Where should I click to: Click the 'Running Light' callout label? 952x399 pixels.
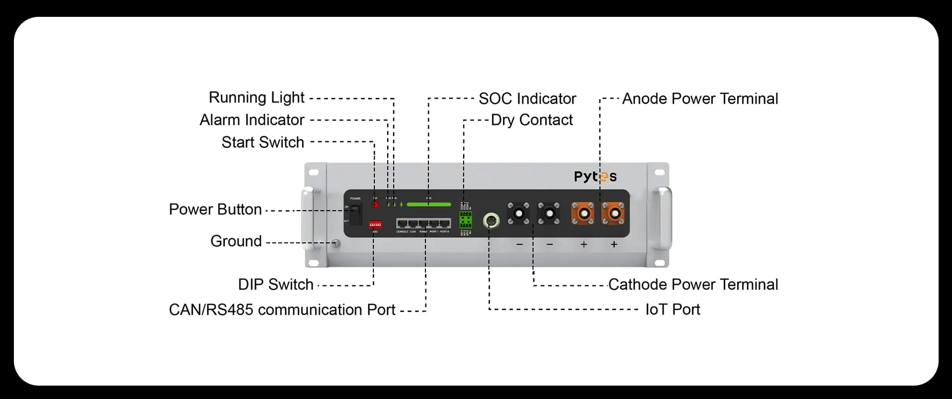coord(256,98)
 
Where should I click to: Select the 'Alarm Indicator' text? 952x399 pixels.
coord(252,120)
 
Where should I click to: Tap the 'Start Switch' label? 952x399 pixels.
coord(263,142)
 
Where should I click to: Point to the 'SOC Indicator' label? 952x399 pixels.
coord(527,99)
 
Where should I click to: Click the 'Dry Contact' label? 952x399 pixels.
coord(532,120)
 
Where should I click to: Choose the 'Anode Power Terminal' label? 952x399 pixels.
coord(700,99)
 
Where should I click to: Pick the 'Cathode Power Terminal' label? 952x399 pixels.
coord(693,285)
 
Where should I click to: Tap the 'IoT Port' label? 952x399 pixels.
coord(672,309)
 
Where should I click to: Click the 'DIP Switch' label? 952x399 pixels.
coord(276,285)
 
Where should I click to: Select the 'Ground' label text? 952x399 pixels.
coord(236,241)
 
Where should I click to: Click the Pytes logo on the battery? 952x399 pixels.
coord(595,176)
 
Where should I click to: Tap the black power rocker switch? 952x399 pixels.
coord(356,214)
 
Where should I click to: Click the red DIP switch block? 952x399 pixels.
coord(375,225)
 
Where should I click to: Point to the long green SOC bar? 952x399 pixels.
coord(429,204)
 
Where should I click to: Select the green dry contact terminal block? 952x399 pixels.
coord(466,219)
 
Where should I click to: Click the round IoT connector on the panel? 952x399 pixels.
coord(491,220)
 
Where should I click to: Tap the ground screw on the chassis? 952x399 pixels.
coord(336,243)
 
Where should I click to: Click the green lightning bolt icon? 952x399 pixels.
coord(401,204)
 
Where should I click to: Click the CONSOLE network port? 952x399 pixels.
coord(402,224)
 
